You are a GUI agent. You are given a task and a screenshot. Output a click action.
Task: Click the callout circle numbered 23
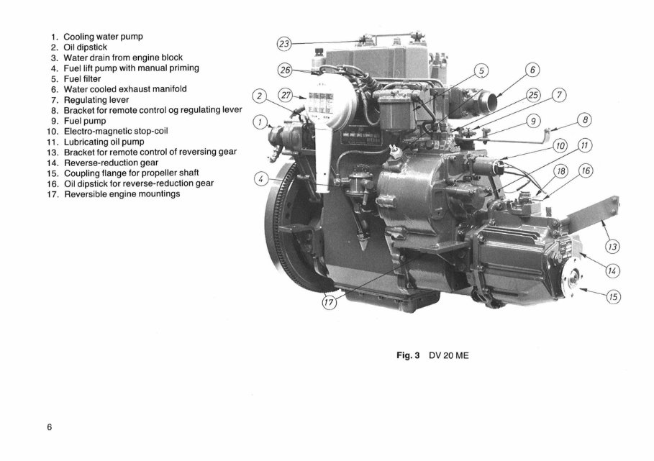tap(284, 44)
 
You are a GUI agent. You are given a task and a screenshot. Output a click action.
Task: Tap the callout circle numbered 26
tap(286, 70)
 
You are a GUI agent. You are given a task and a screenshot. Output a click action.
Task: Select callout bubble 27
tap(286, 94)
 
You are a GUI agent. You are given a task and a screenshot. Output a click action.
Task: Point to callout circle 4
tap(263, 178)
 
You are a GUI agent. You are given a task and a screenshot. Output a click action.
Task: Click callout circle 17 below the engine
tap(329, 303)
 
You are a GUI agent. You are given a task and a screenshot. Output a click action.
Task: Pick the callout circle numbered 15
tap(614, 295)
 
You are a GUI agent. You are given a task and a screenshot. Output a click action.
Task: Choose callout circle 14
tap(613, 270)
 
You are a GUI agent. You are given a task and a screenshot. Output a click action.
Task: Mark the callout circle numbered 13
tap(613, 247)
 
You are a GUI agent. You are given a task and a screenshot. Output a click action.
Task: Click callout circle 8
tap(586, 121)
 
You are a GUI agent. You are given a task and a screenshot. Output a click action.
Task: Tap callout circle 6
tap(532, 70)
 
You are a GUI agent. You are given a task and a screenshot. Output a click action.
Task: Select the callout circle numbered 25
tap(532, 95)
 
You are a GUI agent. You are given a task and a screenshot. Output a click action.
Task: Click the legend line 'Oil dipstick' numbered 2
tap(85, 47)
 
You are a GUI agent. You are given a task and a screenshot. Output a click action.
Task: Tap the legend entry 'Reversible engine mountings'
tap(122, 194)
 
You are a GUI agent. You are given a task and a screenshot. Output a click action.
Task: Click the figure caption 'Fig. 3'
tap(408, 355)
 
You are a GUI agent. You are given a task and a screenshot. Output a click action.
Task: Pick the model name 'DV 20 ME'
tap(448, 355)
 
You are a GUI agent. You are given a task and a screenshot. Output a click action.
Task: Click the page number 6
tap(50, 427)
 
